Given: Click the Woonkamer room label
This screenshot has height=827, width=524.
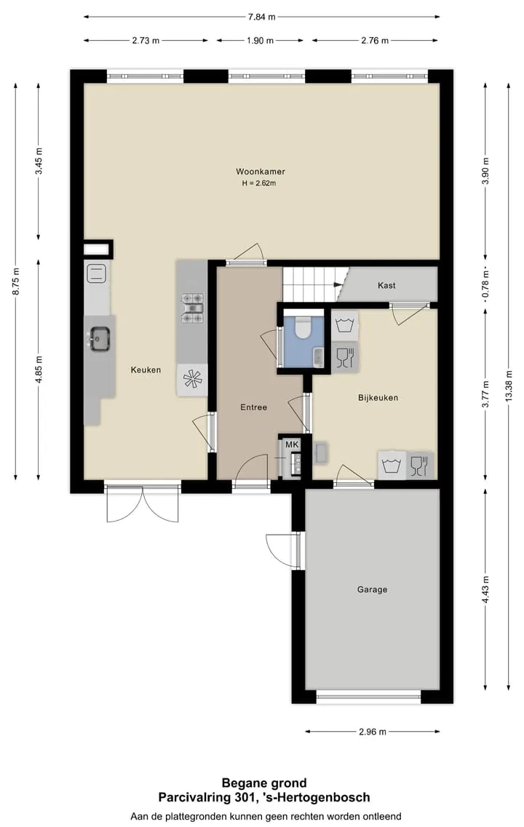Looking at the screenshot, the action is point(260,172).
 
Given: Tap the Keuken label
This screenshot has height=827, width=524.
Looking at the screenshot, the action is point(146,369).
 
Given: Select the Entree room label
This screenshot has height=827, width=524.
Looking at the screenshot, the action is point(253,407).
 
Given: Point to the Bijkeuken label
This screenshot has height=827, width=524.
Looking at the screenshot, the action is point(378,398).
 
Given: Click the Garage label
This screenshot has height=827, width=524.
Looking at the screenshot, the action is point(372,590).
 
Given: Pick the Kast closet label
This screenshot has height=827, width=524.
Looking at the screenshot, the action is point(386,285).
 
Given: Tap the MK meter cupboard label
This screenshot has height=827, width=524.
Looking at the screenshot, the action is point(292,444).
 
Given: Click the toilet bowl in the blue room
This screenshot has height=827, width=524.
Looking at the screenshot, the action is point(303,327).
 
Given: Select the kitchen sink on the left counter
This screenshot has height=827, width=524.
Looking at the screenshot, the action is point(99,338).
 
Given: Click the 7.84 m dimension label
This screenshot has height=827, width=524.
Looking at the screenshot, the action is point(262,17).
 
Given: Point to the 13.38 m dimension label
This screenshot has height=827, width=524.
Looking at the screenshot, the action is point(509,386).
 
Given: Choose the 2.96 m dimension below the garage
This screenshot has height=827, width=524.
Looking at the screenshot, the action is point(372,732).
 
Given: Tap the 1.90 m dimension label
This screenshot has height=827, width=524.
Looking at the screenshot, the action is point(260,41).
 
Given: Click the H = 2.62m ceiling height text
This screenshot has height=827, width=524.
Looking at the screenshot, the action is point(258,183).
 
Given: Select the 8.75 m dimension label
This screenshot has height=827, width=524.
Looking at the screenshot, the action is point(16,281).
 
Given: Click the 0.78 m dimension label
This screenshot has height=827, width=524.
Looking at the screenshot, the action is point(485,285).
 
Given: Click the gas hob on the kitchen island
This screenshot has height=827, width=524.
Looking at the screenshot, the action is point(192,308).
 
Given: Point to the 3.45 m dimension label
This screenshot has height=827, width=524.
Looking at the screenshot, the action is point(39,161).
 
